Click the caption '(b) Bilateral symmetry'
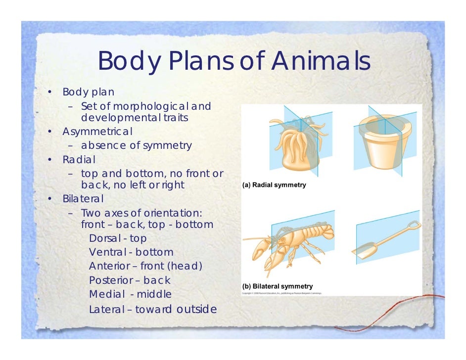pos(277,286)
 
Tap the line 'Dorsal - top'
pos(118,238)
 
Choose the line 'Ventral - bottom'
pos(131,253)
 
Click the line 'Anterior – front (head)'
pos(145,267)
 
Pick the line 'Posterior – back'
pos(130,280)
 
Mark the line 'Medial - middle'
pos(130,294)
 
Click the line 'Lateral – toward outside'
pos(152,310)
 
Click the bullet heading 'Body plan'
pos(88,92)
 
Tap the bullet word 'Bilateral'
pos(83,199)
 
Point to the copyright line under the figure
pos(281,293)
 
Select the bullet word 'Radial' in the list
pos(79,160)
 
